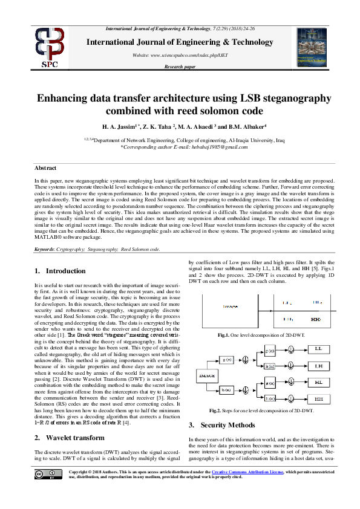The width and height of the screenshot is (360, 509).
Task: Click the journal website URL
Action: coord(180,55)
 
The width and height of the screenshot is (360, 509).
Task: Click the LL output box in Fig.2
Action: coord(318,349)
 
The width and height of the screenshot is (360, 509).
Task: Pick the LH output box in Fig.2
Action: coord(318,366)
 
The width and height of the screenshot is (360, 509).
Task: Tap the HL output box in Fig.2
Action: coord(318,382)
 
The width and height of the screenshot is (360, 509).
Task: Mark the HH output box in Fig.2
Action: coord(318,398)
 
